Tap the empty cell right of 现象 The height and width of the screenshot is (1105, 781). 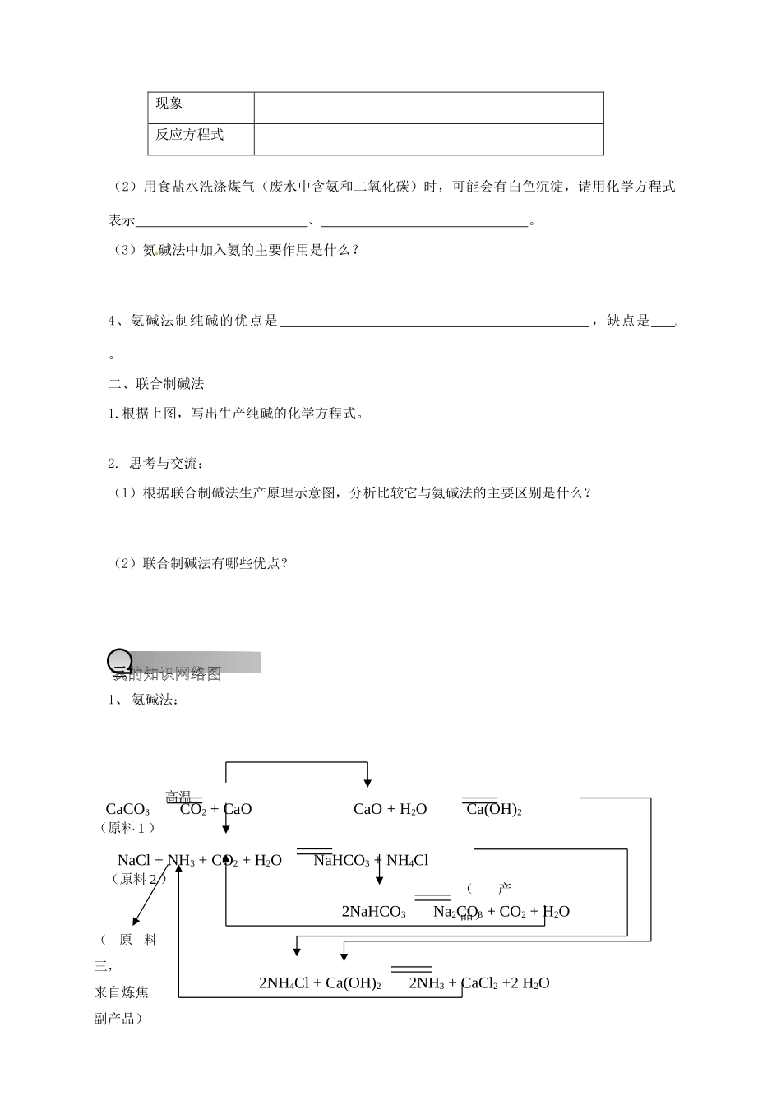tap(428, 108)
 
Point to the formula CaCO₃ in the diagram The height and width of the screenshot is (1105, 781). tap(127, 810)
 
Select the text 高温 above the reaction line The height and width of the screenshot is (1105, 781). tap(178, 796)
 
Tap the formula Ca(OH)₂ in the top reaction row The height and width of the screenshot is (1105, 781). tap(494, 810)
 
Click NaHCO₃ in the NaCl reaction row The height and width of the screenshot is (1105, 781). tap(341, 861)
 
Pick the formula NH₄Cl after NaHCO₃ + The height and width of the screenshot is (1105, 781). tap(408, 861)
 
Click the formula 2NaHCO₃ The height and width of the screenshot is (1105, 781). tap(373, 912)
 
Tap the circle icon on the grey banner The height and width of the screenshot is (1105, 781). tap(120, 660)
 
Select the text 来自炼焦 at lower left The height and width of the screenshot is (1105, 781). tap(122, 992)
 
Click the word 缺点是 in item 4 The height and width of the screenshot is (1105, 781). tap(628, 321)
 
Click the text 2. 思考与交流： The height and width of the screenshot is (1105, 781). tap(155, 464)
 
